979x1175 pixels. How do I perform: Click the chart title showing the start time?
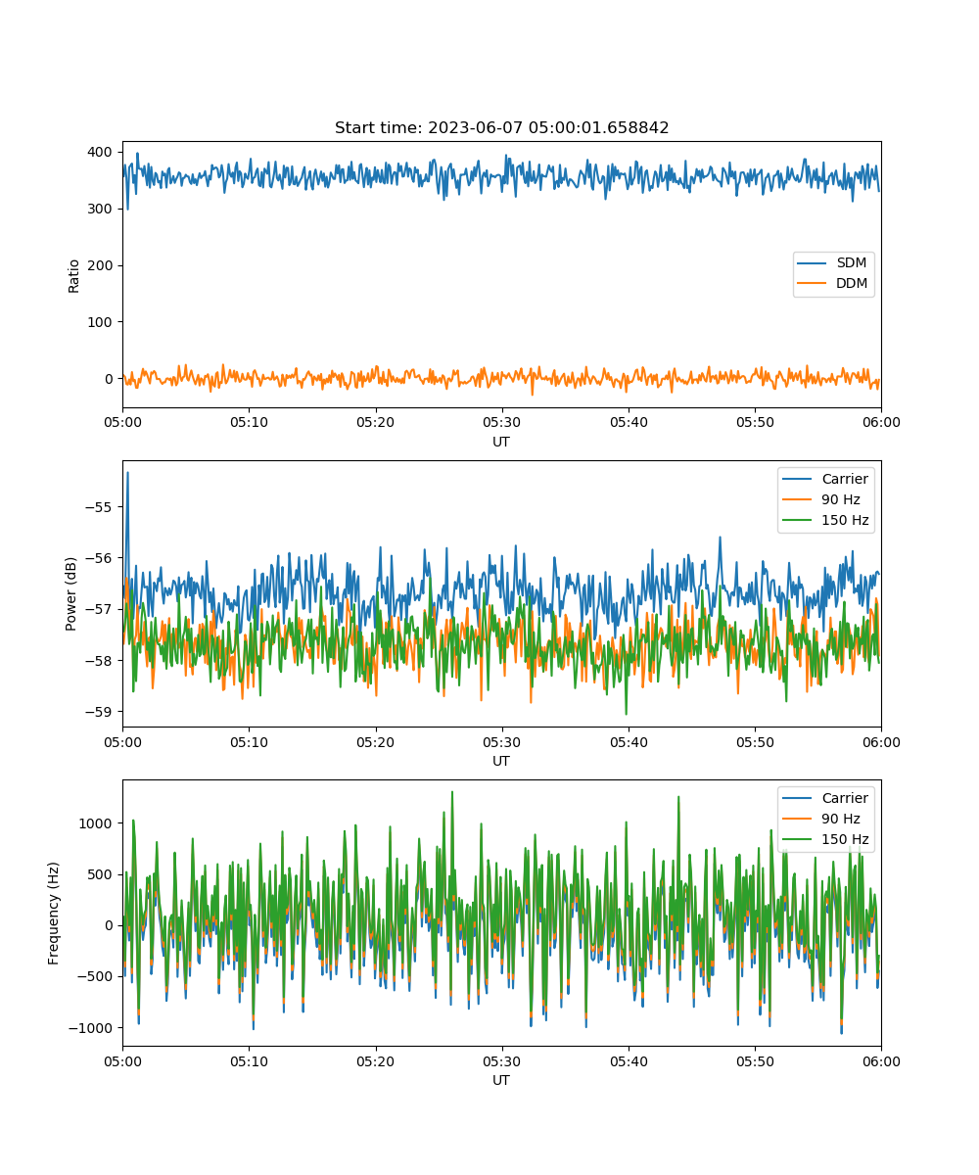[x=501, y=127]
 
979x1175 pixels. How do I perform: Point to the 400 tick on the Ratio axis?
[x=100, y=152]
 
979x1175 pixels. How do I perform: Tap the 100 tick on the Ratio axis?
[x=100, y=322]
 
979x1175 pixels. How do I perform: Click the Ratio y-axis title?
[x=73, y=276]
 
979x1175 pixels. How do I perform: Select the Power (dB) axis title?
[x=70, y=593]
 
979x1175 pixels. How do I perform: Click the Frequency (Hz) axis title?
[x=54, y=914]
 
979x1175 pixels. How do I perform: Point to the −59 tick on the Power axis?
[x=98, y=712]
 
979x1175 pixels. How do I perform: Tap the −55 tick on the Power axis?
[x=98, y=507]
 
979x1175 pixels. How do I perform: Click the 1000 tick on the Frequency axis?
[x=95, y=823]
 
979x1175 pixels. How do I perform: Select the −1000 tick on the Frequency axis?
[x=90, y=1028]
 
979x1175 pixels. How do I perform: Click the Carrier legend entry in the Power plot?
[x=825, y=479]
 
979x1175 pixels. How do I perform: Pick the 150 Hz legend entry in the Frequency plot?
[x=825, y=839]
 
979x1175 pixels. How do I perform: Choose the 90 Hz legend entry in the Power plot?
[x=821, y=499]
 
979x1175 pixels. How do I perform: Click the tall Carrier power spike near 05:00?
[x=127, y=474]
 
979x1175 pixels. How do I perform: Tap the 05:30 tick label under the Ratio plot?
[x=502, y=423]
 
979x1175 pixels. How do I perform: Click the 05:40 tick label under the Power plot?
[x=629, y=742]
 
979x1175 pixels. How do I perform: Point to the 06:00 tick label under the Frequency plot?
[x=881, y=1061]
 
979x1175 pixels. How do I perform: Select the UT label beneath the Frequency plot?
[x=500, y=1080]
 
